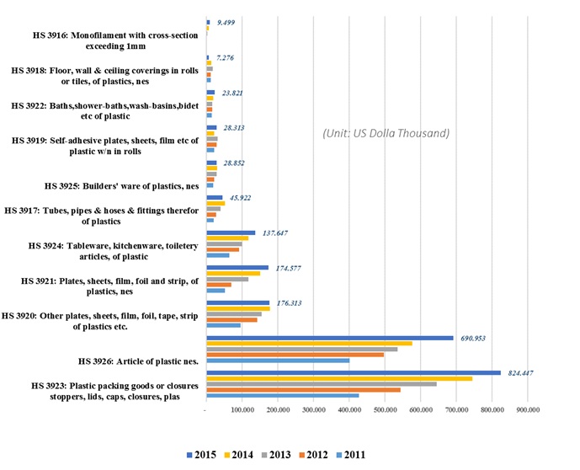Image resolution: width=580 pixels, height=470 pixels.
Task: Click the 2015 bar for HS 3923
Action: pyautogui.click(x=354, y=372)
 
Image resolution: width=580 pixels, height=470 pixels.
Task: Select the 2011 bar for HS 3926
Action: pyautogui.click(x=278, y=361)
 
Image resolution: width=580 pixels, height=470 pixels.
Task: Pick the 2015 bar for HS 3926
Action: pyautogui.click(x=330, y=338)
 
